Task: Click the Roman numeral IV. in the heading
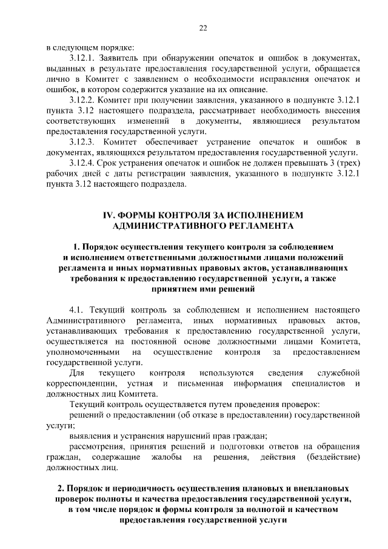click(107, 215)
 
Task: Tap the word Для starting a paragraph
click(77, 372)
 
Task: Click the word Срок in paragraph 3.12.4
click(115, 165)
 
